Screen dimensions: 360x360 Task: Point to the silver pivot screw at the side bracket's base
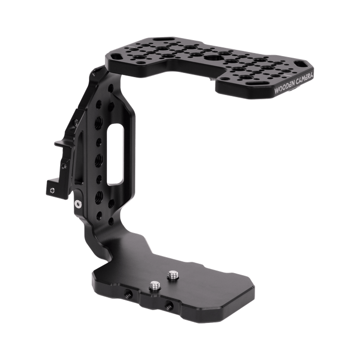pyautogui.click(x=77, y=204)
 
